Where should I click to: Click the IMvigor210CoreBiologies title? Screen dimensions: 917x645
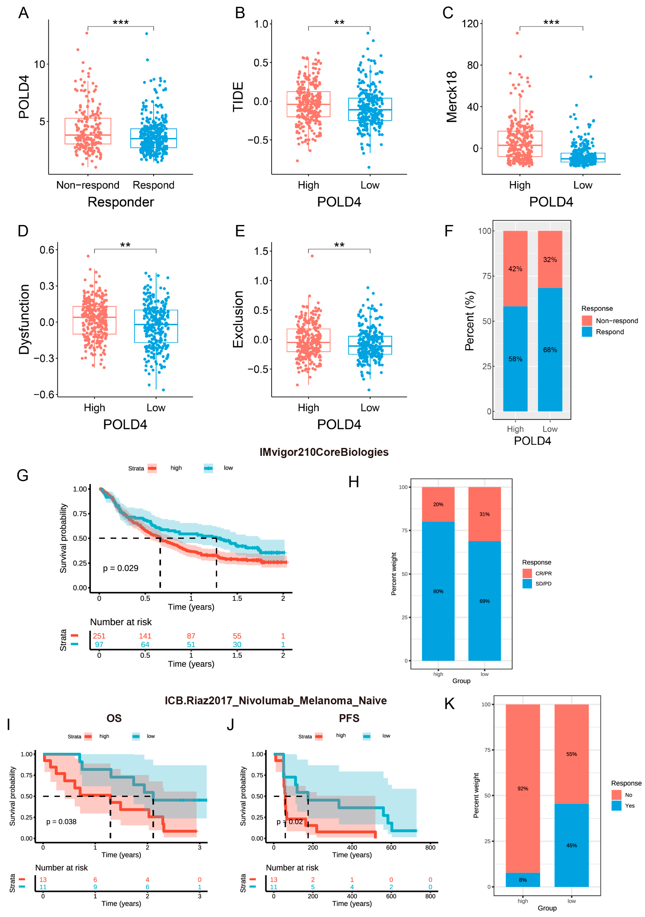[x=324, y=452]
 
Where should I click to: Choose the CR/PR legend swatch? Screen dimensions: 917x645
[x=527, y=573]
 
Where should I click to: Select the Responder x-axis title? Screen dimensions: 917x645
[x=121, y=202]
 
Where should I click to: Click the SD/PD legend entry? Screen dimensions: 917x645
[x=543, y=584]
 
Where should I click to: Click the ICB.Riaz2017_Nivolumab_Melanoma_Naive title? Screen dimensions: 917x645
[x=276, y=701]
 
